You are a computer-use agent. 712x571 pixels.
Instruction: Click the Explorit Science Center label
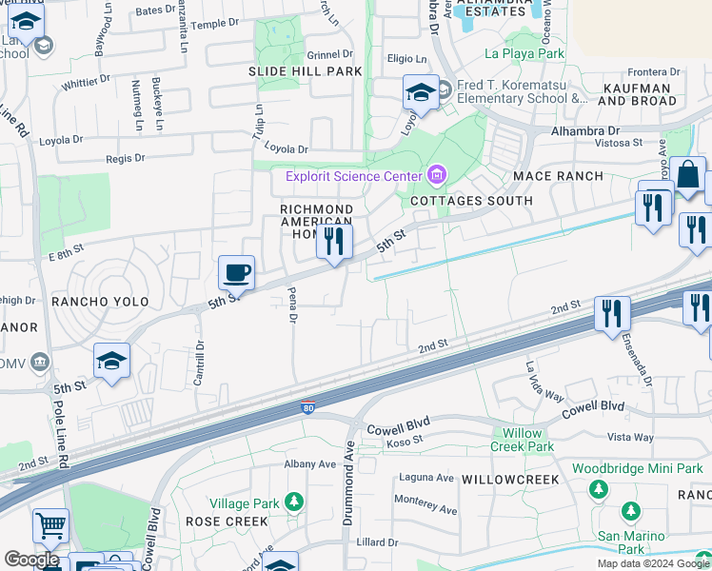tap(353, 176)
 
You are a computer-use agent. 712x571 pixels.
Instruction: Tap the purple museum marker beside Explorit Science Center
tap(437, 174)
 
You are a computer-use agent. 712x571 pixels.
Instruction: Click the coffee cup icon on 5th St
tap(236, 272)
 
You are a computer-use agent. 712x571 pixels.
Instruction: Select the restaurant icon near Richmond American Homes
tap(333, 242)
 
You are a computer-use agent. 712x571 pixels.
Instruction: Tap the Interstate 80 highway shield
tap(307, 405)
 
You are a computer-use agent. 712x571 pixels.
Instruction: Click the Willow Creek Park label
tap(523, 440)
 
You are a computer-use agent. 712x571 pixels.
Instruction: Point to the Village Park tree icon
tap(294, 501)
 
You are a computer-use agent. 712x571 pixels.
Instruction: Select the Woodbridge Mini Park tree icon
tap(599, 489)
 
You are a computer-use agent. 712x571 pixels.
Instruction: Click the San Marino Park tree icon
tap(630, 512)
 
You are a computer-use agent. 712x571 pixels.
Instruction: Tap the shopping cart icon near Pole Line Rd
tap(50, 525)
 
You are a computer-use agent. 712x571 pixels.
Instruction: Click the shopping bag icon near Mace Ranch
tap(687, 175)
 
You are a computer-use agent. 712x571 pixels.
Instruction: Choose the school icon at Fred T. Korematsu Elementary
tap(420, 93)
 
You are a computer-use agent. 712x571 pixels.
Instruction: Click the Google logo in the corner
tap(30, 560)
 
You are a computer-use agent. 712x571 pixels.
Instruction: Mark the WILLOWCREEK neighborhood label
tap(510, 480)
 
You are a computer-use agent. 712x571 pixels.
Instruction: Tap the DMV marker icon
tap(39, 362)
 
